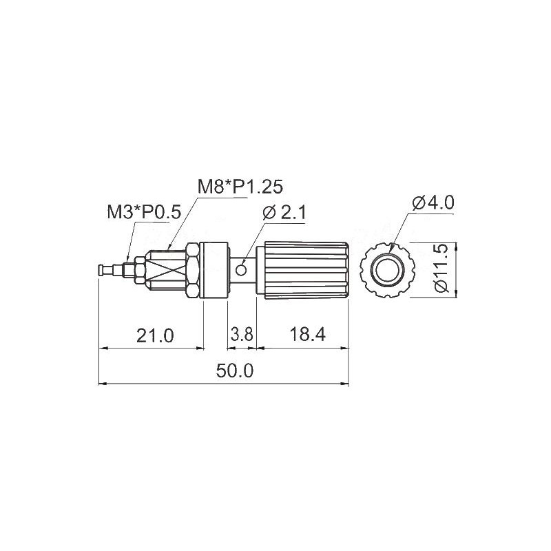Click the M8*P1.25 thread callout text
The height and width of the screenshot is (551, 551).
[240, 187]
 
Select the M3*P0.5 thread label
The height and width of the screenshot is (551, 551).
[143, 211]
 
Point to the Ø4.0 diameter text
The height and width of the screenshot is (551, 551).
[433, 202]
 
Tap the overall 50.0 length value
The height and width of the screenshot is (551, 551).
[235, 371]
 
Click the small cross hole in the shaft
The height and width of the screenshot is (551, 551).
[241, 269]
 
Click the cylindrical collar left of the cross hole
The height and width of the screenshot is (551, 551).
[215, 269]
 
